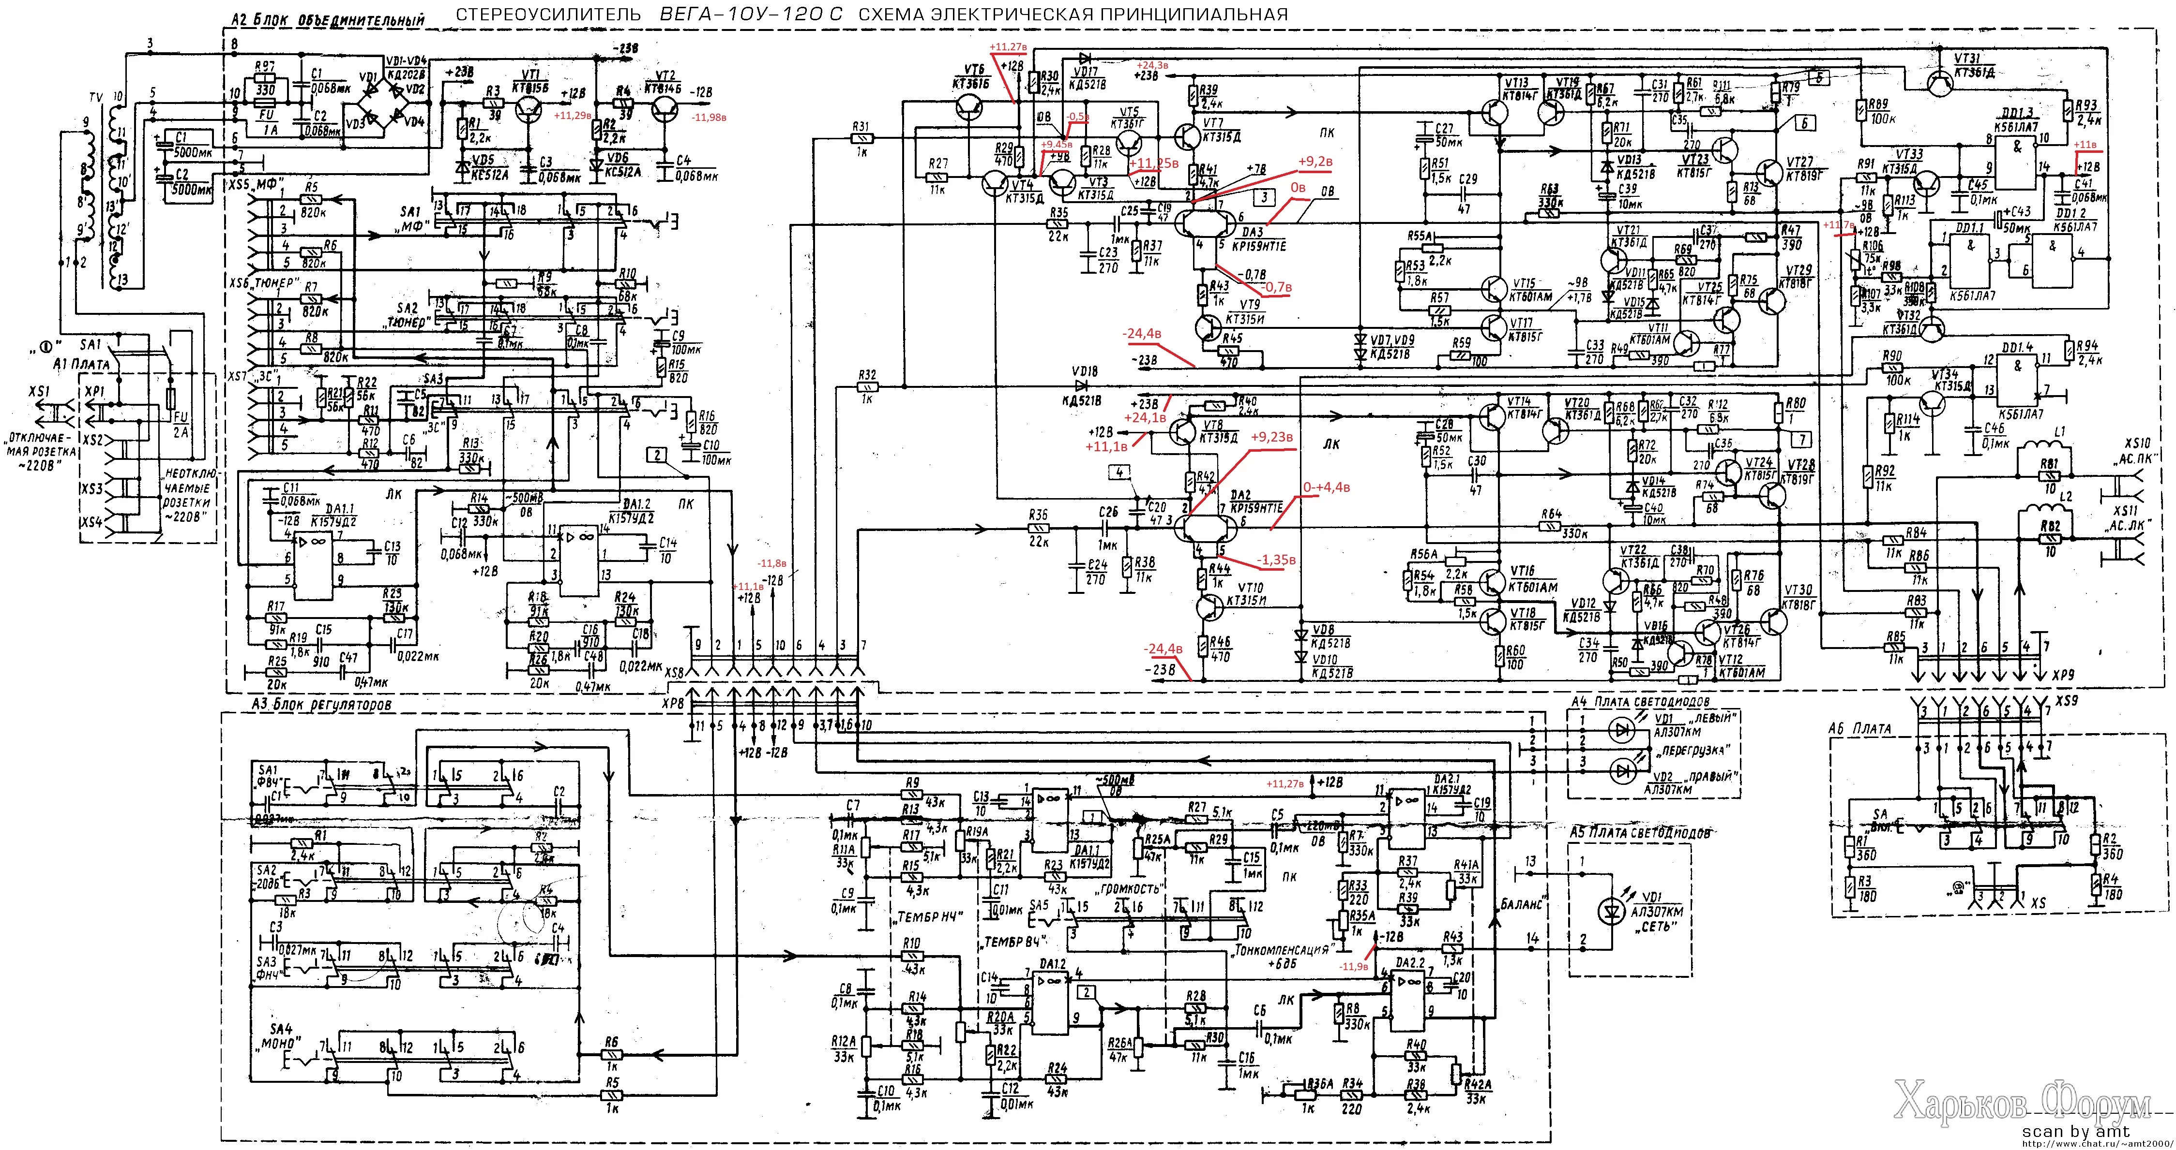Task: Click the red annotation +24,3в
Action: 1152,65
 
